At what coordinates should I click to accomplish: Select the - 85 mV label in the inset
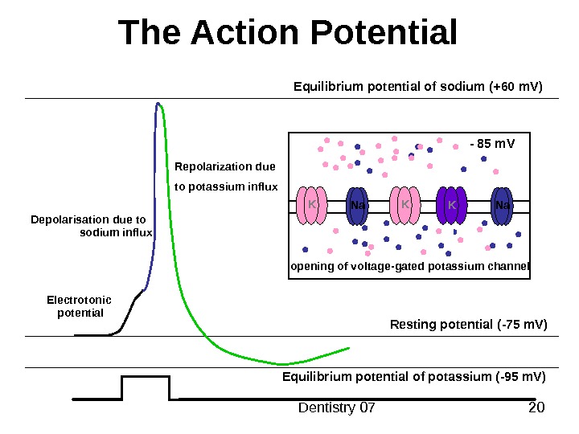pos(491,145)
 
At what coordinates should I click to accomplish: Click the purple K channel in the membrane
pos(451,206)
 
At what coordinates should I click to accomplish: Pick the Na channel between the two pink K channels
pos(358,206)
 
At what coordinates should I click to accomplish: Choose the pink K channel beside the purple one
pos(405,206)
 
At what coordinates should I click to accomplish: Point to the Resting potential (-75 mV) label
pos(468,325)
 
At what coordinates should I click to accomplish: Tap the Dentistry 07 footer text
pos(337,408)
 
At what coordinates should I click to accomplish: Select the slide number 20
pos(537,408)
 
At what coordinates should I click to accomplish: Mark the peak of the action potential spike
pos(158,103)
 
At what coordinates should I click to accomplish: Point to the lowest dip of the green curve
pos(281,364)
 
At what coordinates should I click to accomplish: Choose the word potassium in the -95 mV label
pos(458,376)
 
